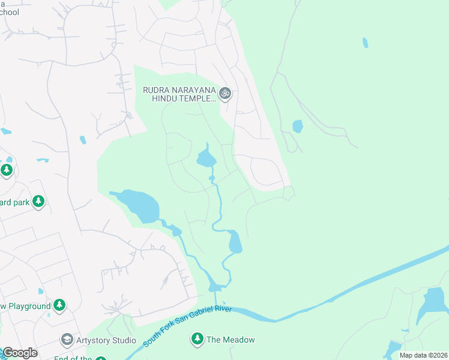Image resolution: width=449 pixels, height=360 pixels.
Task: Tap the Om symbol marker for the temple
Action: (225, 93)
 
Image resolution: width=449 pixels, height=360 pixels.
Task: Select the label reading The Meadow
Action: (231, 340)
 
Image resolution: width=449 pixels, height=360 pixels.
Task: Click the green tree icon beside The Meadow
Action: (197, 339)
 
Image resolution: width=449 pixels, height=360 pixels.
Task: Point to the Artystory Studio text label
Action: (106, 340)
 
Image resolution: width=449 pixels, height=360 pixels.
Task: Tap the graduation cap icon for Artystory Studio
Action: (67, 340)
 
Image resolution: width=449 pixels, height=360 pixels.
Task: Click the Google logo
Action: (19, 353)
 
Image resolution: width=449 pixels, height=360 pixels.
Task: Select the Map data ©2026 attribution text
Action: (423, 355)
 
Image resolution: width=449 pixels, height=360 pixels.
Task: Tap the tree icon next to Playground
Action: (59, 305)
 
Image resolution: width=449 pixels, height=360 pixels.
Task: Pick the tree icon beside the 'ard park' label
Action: (38, 202)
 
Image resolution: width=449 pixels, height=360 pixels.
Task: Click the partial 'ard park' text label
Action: (14, 202)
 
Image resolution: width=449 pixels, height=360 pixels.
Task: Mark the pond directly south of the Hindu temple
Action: (206, 159)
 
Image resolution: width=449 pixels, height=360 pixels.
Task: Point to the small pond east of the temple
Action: (297, 127)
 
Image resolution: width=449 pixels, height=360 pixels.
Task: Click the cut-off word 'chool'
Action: (10, 13)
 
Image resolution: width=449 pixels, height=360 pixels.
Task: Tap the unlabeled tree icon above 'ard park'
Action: (7, 170)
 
